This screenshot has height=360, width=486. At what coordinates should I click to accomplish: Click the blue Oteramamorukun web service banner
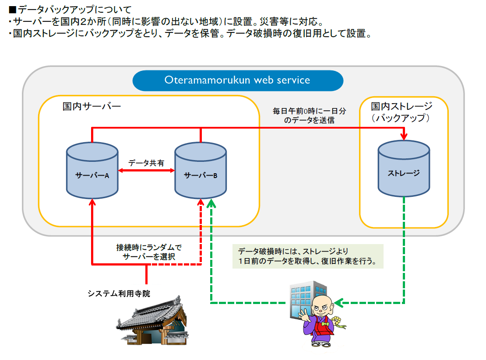click(237, 80)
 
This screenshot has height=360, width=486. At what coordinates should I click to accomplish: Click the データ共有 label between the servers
click(146, 163)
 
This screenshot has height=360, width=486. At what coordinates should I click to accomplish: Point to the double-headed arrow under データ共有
click(146, 171)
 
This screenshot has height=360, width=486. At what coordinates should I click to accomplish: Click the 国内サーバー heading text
click(91, 107)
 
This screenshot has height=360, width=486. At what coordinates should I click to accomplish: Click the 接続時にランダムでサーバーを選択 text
click(148, 252)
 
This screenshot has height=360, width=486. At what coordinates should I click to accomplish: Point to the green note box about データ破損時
click(308, 256)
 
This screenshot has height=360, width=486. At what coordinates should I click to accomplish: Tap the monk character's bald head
click(323, 302)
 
